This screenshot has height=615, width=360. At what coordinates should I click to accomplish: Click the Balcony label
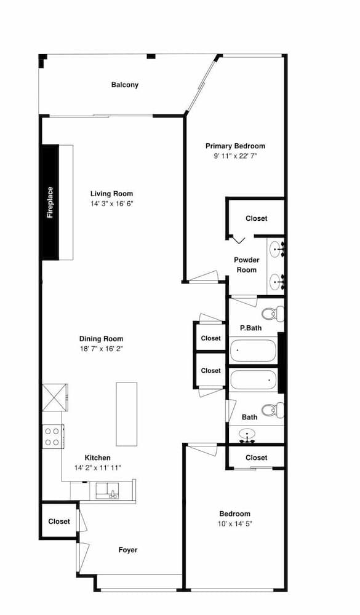125,85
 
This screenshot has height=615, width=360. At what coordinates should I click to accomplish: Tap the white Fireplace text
50,202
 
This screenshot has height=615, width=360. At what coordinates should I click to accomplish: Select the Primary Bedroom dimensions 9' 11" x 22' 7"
235,156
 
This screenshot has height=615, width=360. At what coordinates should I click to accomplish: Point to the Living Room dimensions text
112,204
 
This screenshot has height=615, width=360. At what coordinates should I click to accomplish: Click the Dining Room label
102,339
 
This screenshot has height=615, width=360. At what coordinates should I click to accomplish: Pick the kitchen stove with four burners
52,437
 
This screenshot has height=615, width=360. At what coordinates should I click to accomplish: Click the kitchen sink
107,491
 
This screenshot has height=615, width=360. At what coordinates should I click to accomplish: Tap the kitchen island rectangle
126,414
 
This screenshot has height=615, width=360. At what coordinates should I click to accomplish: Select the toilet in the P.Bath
273,314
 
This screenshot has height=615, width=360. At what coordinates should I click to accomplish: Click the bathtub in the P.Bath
253,351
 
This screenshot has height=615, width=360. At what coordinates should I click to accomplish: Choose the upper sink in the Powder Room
277,248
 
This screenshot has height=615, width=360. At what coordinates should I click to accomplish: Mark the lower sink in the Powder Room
277,280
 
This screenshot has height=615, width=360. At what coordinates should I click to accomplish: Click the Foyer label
129,550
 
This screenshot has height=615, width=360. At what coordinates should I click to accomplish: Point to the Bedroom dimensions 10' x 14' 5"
235,524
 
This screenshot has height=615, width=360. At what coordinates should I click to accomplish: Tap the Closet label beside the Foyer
59,522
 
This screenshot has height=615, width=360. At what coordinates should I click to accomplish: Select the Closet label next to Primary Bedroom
257,218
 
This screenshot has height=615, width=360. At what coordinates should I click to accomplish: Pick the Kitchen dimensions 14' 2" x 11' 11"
98,468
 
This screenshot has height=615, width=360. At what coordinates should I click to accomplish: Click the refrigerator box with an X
52,397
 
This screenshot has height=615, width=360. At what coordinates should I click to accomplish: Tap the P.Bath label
250,328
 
